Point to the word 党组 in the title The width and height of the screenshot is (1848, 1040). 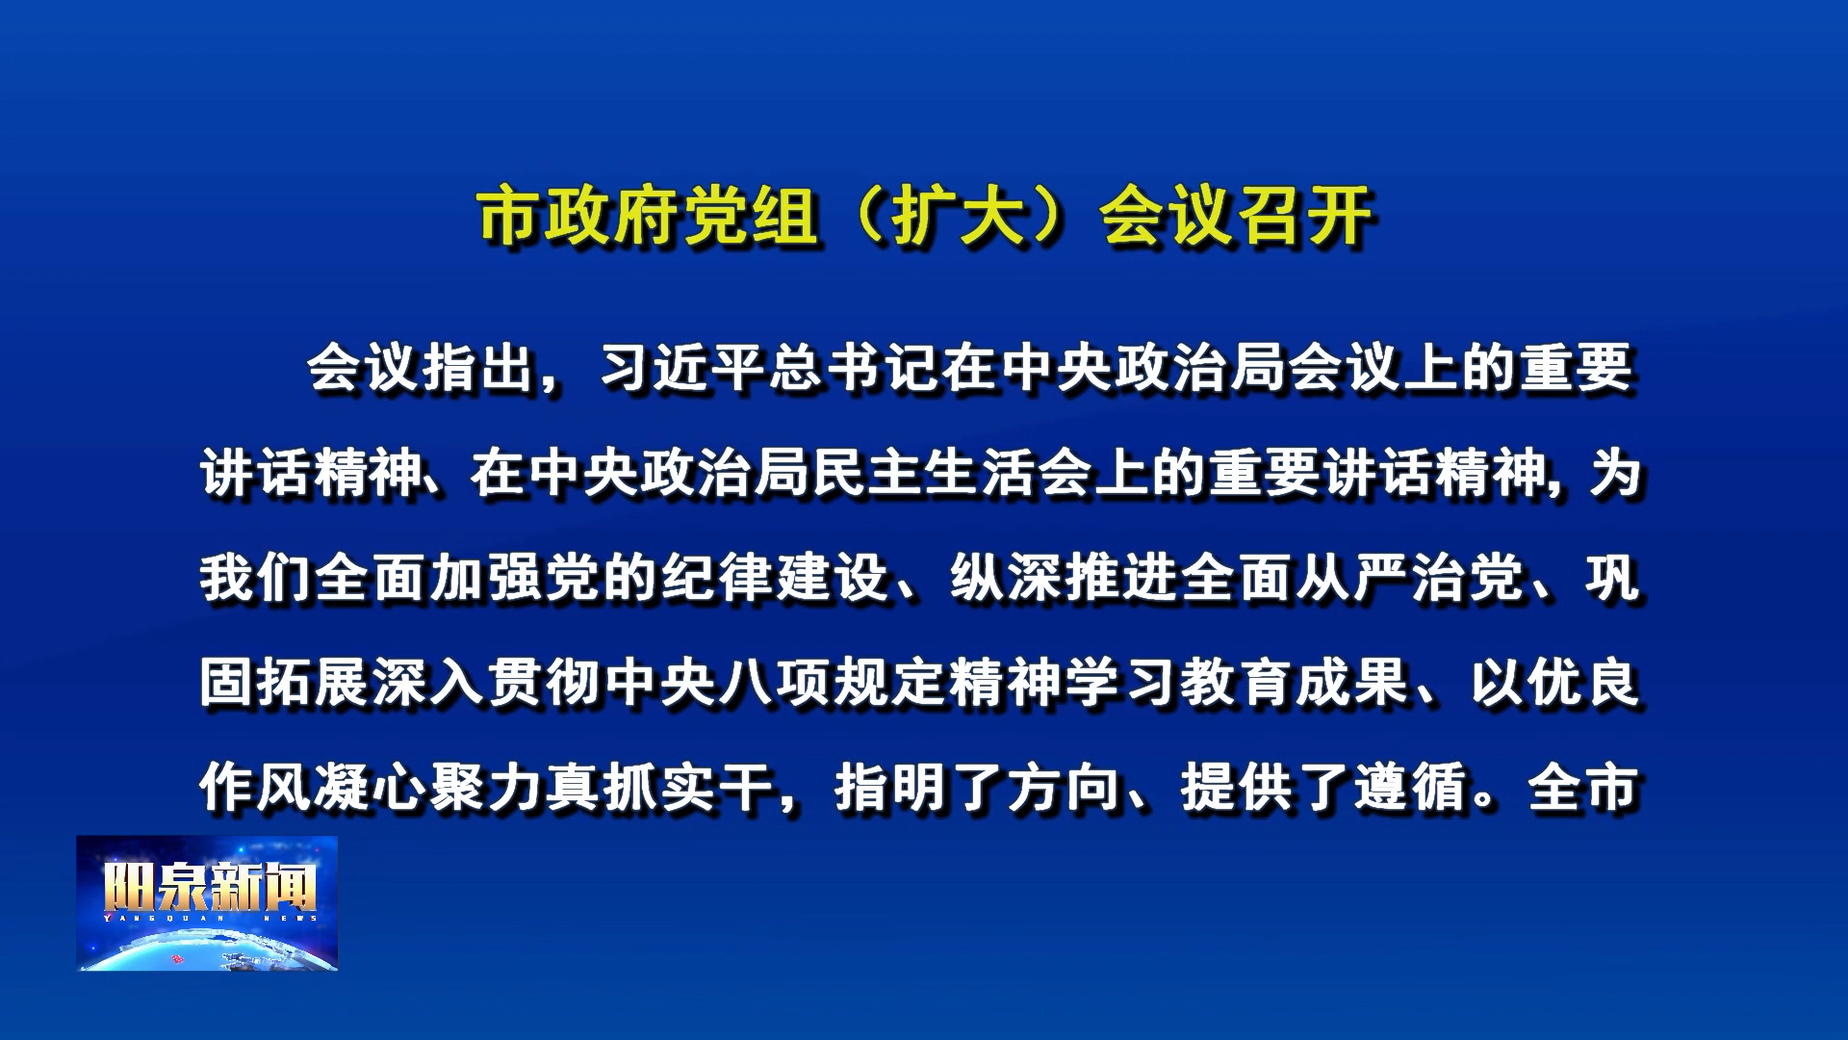pos(752,216)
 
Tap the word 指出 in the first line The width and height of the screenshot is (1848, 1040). pos(478,369)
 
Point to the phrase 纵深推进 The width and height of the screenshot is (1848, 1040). pos(1065,579)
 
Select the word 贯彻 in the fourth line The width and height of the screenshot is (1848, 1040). pos(545,684)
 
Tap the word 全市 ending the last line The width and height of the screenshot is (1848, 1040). pos(1584,788)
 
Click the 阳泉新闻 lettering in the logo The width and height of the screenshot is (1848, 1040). pos(210,887)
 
